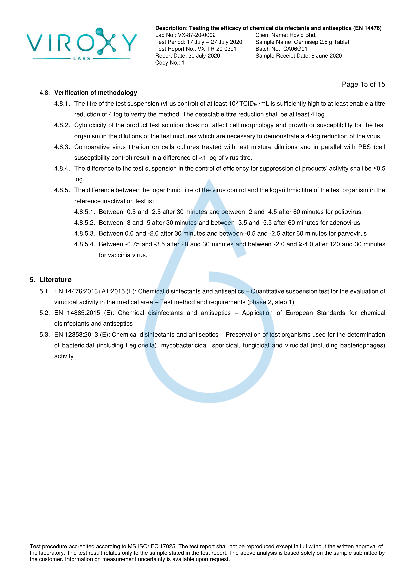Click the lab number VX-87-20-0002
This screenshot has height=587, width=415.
coord(196,35)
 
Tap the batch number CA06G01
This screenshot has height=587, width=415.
coord(297,49)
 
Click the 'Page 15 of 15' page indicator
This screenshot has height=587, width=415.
coord(363,84)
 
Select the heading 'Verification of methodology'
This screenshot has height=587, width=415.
coord(96,93)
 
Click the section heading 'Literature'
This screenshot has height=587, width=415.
coord(55,279)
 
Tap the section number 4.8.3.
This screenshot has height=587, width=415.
coord(62,147)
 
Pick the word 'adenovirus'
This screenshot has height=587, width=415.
coord(344,223)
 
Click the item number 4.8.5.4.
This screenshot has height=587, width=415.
coord(84,244)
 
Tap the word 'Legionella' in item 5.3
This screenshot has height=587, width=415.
coord(140,345)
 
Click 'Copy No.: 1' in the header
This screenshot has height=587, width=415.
coord(170,63)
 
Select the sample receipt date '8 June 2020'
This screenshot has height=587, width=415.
coord(326,56)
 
